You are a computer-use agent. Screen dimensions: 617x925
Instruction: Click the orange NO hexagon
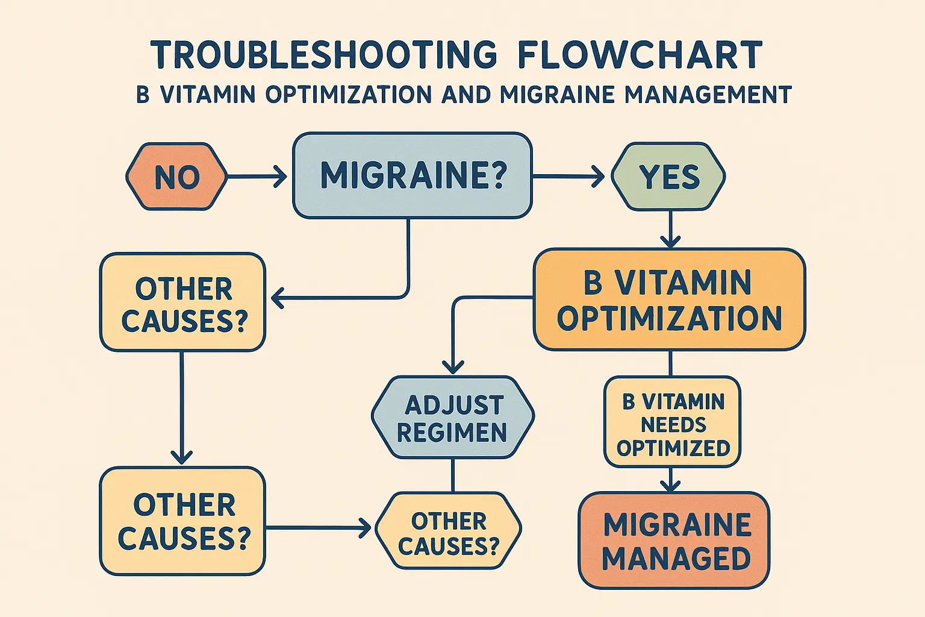[176, 177]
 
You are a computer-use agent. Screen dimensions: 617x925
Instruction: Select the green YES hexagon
[668, 177]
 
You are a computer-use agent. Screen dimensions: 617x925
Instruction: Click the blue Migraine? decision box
[412, 175]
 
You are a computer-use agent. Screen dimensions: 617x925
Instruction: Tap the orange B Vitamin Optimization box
[669, 299]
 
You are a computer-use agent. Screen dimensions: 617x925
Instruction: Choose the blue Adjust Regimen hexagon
[452, 418]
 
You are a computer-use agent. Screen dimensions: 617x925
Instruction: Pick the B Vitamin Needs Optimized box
[672, 422]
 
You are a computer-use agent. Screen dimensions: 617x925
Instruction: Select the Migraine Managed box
[674, 540]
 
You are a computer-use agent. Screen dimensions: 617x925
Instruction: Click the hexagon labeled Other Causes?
[448, 531]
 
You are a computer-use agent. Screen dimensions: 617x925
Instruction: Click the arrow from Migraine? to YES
[568, 177]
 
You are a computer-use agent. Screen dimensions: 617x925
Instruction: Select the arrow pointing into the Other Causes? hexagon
[319, 528]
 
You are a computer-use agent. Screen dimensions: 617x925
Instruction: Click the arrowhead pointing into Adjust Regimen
[453, 366]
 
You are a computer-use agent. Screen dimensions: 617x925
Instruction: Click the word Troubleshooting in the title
[324, 55]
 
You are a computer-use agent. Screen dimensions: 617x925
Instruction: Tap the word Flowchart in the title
[640, 55]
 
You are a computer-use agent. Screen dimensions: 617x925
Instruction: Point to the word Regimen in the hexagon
[452, 433]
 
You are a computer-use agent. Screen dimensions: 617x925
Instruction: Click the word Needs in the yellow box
[673, 425]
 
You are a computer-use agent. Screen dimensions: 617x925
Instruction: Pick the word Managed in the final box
[676, 559]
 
